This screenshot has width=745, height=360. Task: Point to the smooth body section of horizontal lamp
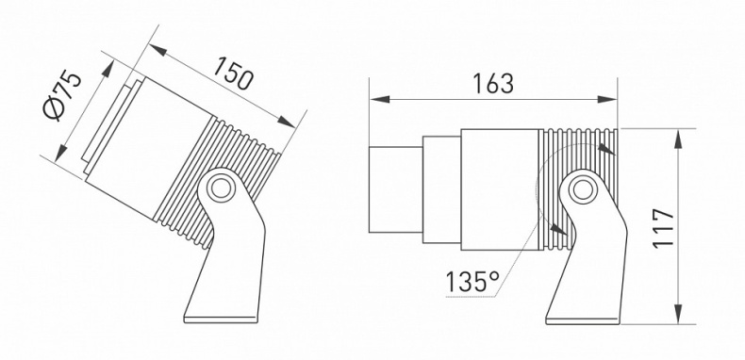click(x=498, y=188)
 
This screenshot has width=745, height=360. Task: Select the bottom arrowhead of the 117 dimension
click(x=680, y=318)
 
